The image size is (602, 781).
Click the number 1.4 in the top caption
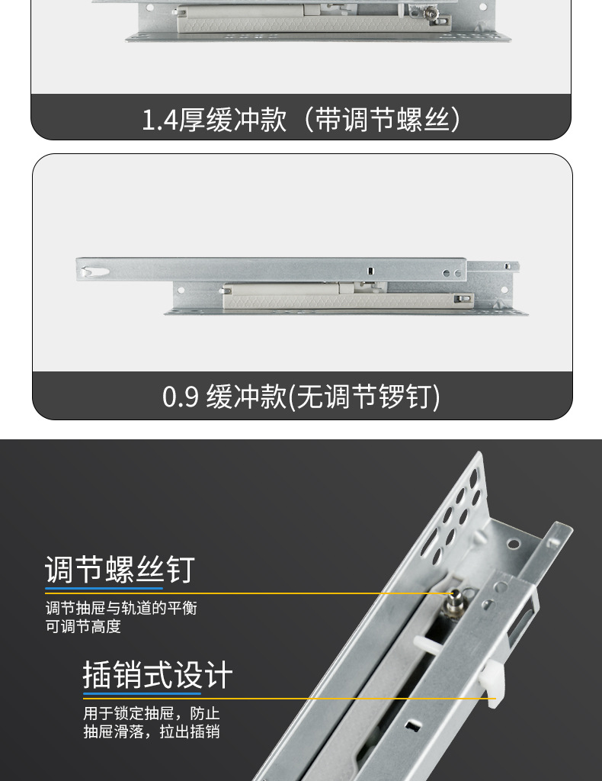(x=159, y=120)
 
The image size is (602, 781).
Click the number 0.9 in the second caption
(x=181, y=397)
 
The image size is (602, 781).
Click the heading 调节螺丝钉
(x=120, y=570)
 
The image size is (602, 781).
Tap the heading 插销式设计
(x=157, y=676)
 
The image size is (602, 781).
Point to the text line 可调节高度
(x=83, y=627)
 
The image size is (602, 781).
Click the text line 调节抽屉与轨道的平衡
(x=121, y=609)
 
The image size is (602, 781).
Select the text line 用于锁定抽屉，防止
(x=151, y=714)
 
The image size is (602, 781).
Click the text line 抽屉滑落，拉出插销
(x=151, y=732)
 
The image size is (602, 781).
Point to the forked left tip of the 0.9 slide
(x=89, y=270)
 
